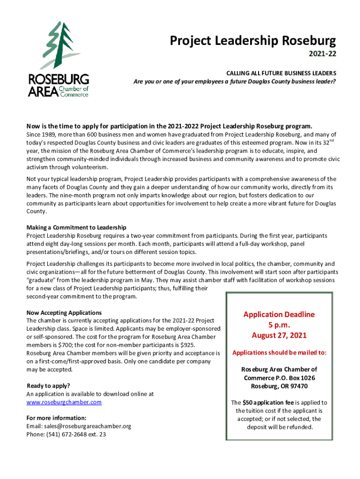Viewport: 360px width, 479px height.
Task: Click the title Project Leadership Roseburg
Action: [x=252, y=42]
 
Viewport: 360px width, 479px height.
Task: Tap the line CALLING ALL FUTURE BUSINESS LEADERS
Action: [x=281, y=74]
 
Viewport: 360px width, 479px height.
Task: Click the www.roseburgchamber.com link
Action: [x=64, y=402]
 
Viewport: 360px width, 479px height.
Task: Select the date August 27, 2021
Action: [x=279, y=335]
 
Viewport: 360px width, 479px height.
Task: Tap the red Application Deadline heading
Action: [x=279, y=314]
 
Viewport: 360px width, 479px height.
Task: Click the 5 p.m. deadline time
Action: [x=279, y=325]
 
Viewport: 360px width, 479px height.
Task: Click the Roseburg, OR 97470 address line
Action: [x=279, y=386]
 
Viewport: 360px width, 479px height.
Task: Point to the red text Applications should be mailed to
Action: [x=279, y=352]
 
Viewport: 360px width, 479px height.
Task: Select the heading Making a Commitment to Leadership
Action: [x=77, y=228]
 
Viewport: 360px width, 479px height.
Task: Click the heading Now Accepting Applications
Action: [x=64, y=312]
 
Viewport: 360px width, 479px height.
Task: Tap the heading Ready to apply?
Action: [x=48, y=386]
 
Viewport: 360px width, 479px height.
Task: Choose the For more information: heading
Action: [x=56, y=418]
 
